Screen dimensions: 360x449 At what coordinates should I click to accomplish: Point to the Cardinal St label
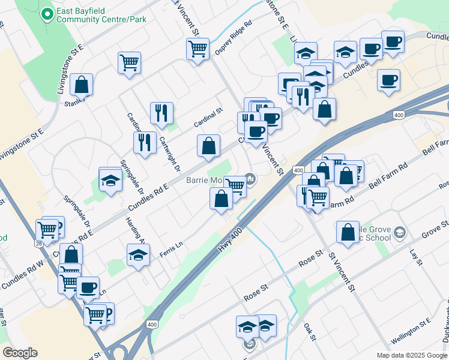coord(208,118)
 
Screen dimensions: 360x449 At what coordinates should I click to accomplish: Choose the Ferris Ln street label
coord(170,251)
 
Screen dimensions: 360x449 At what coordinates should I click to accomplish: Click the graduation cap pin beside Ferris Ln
coord(139,255)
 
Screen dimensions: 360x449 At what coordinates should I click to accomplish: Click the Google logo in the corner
coord(20,353)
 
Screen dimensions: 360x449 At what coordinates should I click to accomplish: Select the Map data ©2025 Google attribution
coord(412,355)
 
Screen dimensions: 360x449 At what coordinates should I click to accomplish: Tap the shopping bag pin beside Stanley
coord(82,86)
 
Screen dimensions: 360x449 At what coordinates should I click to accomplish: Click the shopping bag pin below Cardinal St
coord(208,146)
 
